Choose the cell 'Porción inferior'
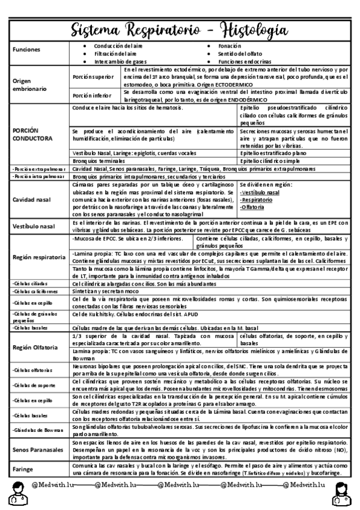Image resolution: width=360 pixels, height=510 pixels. tap(91, 96)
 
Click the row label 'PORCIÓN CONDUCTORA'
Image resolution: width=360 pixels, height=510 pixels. tap(33, 134)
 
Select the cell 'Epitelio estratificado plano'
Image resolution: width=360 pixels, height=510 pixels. tap(274, 154)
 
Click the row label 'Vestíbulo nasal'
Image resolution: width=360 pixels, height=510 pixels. tap(34, 226)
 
